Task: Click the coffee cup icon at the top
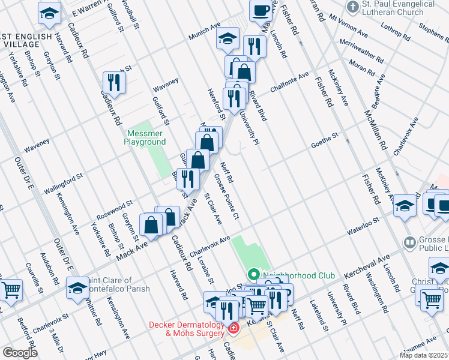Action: coord(261,11)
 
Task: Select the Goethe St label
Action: coord(325,142)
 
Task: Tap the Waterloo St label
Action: coord(363,226)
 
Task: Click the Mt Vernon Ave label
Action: coord(349,28)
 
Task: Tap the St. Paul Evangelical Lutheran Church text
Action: coord(398,8)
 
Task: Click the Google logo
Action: coord(20,353)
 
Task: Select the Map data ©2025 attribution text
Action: coord(424,355)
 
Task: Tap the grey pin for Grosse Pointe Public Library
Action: coord(410,242)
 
